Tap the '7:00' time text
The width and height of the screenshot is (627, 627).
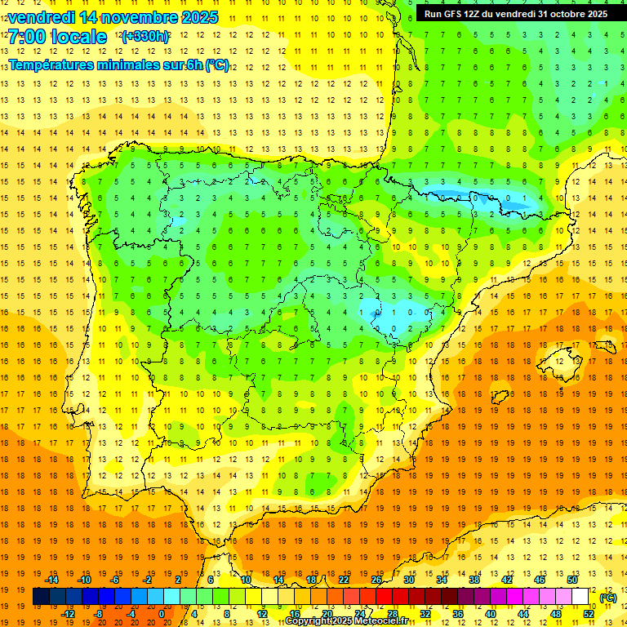pyautogui.click(x=27, y=37)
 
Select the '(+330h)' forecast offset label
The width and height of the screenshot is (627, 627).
pyautogui.click(x=145, y=37)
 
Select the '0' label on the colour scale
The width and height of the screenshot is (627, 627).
pyautogui.click(x=162, y=614)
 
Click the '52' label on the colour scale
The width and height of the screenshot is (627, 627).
pyautogui.click(x=589, y=614)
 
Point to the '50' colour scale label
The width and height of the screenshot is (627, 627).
pyautogui.click(x=572, y=580)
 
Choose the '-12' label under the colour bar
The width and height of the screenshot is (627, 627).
pyautogui.click(x=68, y=614)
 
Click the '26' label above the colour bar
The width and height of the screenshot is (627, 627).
pyautogui.click(x=376, y=580)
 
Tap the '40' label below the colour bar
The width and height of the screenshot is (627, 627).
pyautogui.click(x=491, y=614)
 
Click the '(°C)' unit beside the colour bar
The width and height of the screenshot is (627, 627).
pyautogui.click(x=608, y=598)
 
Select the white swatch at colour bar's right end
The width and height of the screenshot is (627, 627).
pyautogui.click(x=580, y=597)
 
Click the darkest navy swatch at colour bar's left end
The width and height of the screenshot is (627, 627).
pyautogui.click(x=41, y=597)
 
